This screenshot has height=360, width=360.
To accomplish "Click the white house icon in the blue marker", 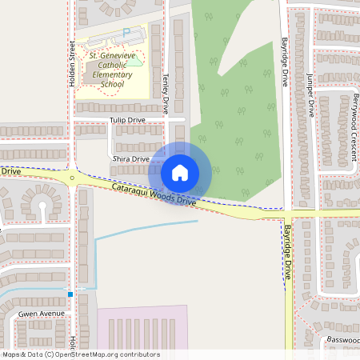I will [x=180, y=172].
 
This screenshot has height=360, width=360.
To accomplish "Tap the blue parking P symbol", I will [x=126, y=32].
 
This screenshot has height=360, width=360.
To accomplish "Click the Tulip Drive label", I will [x=127, y=120].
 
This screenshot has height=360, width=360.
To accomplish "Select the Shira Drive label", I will [x=131, y=159].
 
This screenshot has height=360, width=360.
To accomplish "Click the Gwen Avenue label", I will [x=41, y=314].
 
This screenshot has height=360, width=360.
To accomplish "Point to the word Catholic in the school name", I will [x=110, y=65].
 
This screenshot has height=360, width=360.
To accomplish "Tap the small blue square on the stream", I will [x=70, y=294].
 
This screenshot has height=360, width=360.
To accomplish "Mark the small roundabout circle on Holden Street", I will [x=72, y=178].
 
